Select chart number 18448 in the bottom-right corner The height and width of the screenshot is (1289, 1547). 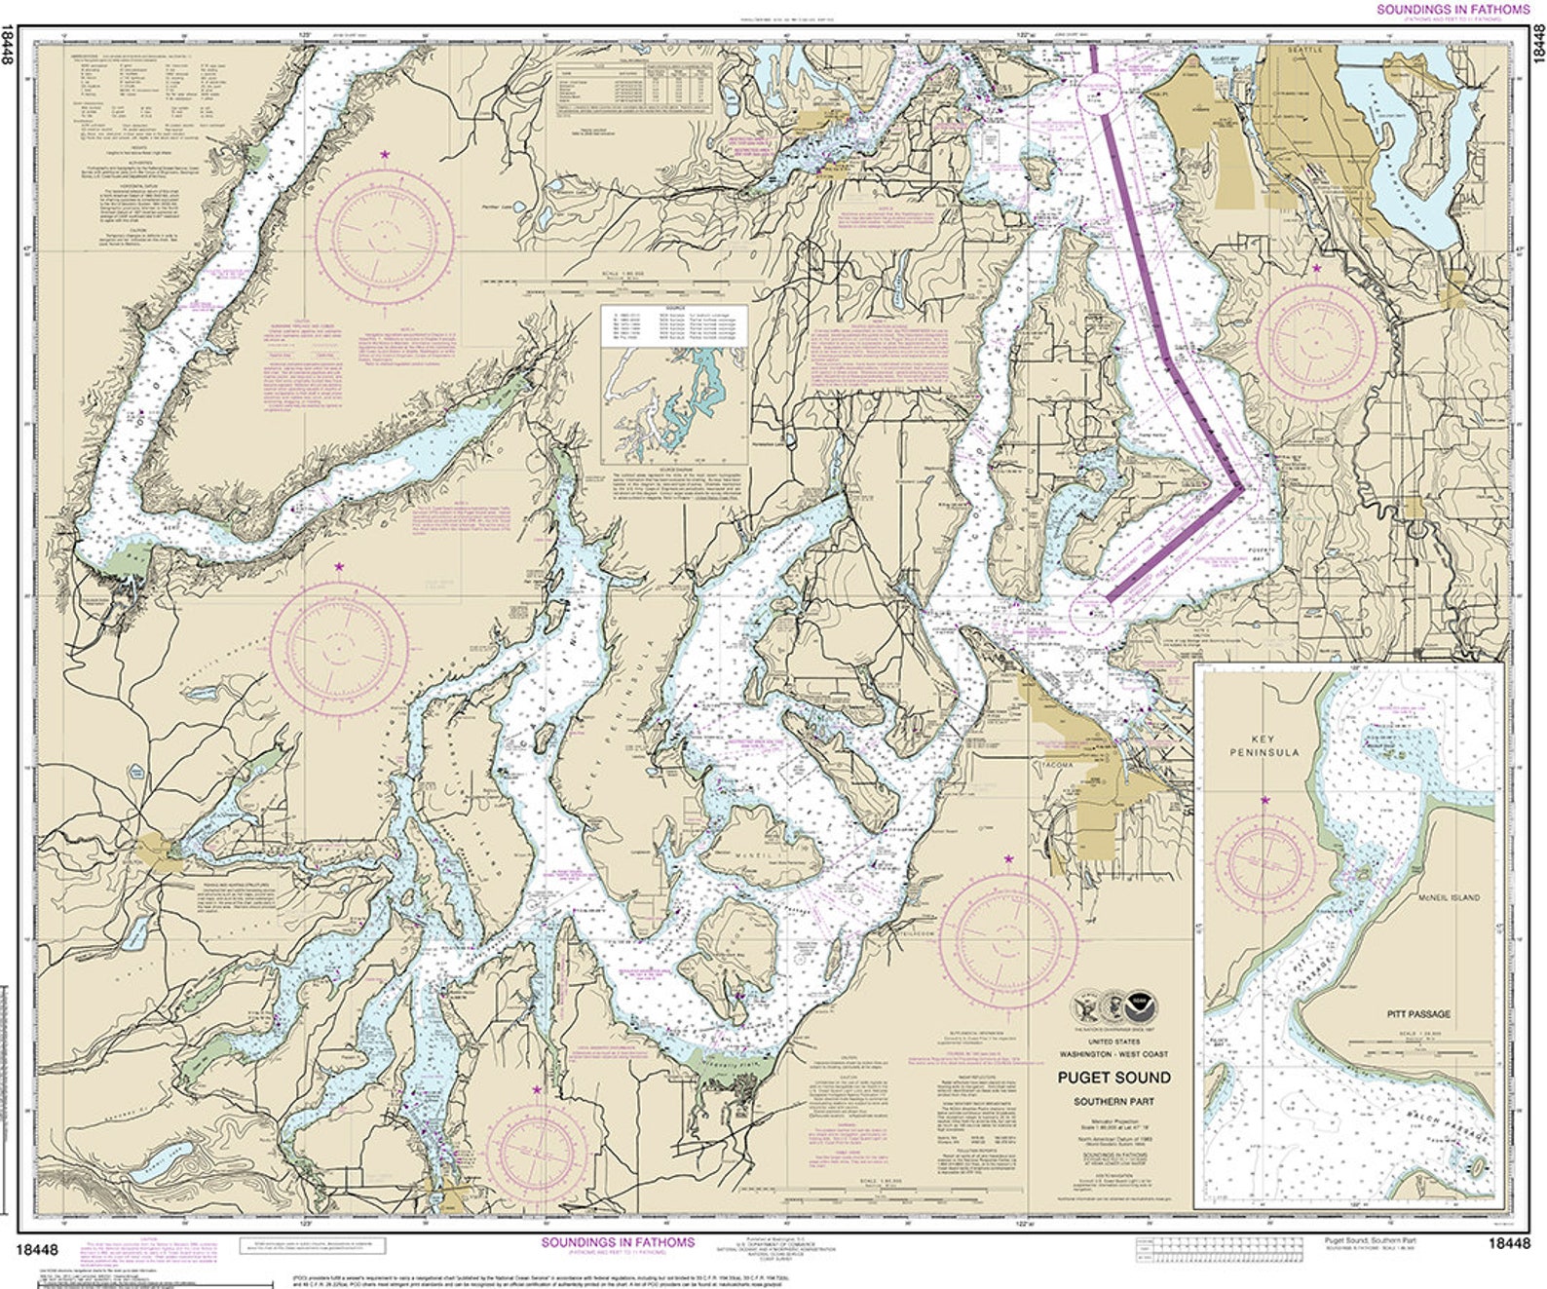click(x=1509, y=1242)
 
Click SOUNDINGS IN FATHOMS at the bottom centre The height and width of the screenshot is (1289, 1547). click(x=618, y=1242)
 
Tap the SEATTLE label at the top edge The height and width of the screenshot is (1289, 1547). click(x=1305, y=49)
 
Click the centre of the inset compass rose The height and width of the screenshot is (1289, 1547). click(x=1264, y=861)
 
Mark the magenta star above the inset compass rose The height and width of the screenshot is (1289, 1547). click(x=1264, y=800)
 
